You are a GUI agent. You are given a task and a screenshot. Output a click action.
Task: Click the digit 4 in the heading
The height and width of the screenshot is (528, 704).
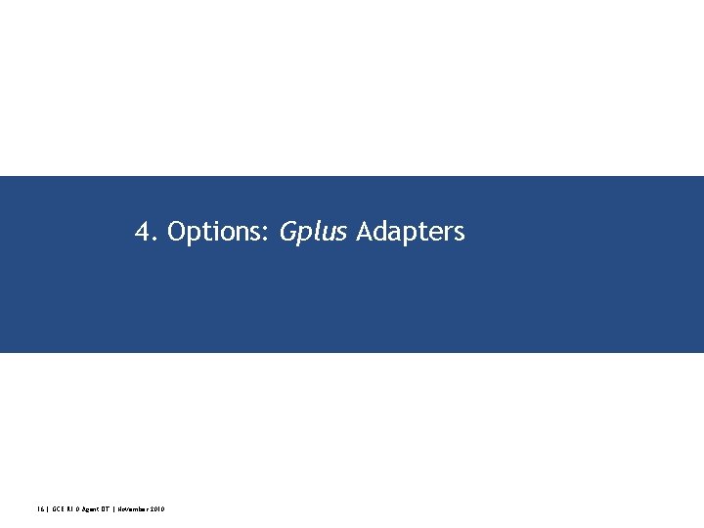143,233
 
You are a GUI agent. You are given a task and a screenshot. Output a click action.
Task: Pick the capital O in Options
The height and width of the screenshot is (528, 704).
177,233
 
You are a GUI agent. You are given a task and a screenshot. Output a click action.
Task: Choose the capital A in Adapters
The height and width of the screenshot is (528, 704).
365,233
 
